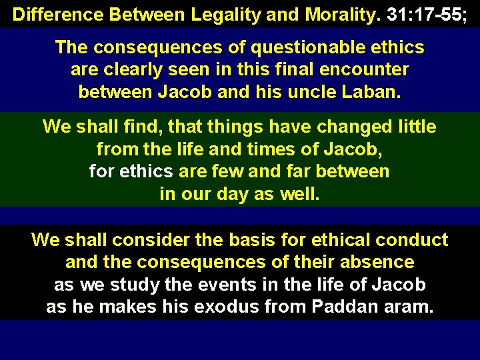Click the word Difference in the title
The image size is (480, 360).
pos(51,15)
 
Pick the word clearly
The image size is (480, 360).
pos(131,69)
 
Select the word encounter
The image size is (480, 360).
pos(369,69)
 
